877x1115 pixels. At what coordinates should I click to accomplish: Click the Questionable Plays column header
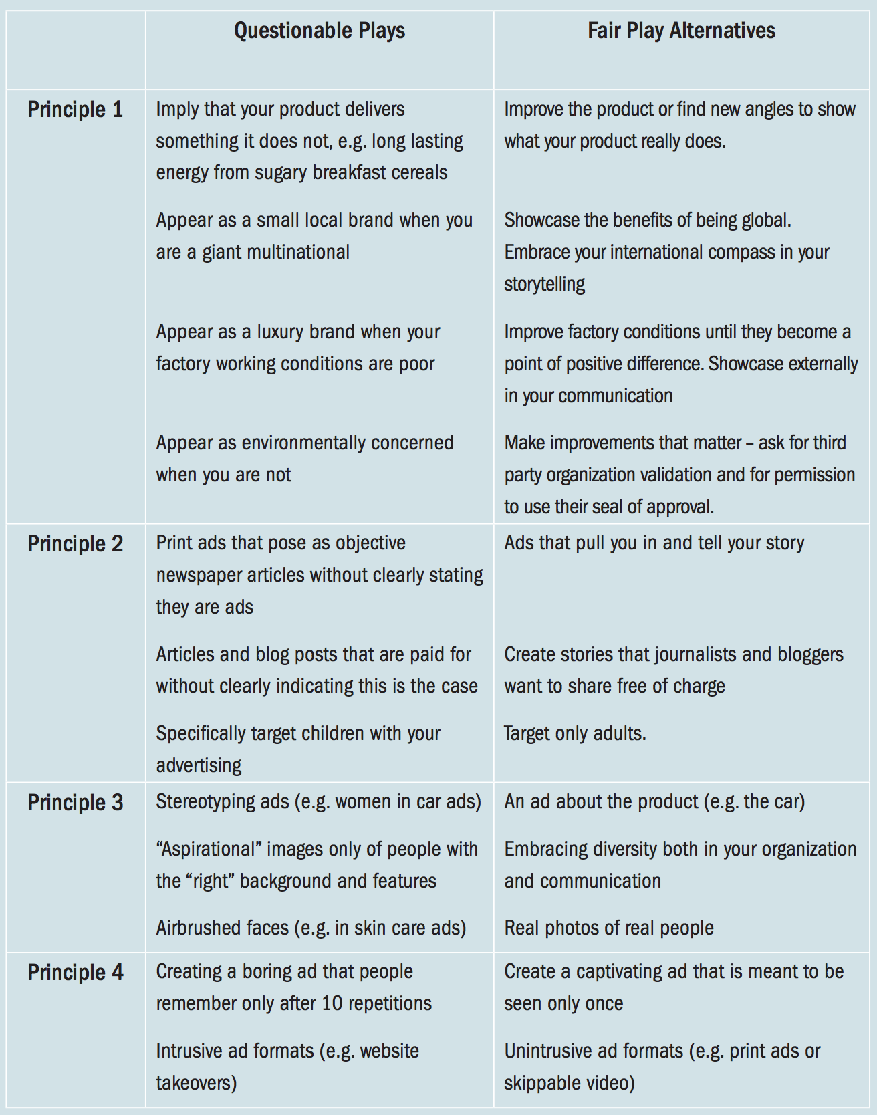319,31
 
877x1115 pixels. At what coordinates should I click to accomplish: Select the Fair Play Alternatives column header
681,31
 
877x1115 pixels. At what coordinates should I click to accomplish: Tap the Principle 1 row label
75,110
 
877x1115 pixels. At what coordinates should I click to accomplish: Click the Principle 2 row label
75,544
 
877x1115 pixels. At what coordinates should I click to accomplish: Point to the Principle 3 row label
75,802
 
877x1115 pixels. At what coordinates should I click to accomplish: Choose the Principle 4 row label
75,972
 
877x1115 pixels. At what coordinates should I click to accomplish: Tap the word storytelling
544,284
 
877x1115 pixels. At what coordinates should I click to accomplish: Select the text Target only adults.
575,733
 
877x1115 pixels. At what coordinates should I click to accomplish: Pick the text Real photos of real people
608,928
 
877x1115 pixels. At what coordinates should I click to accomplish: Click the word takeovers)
197,1082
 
